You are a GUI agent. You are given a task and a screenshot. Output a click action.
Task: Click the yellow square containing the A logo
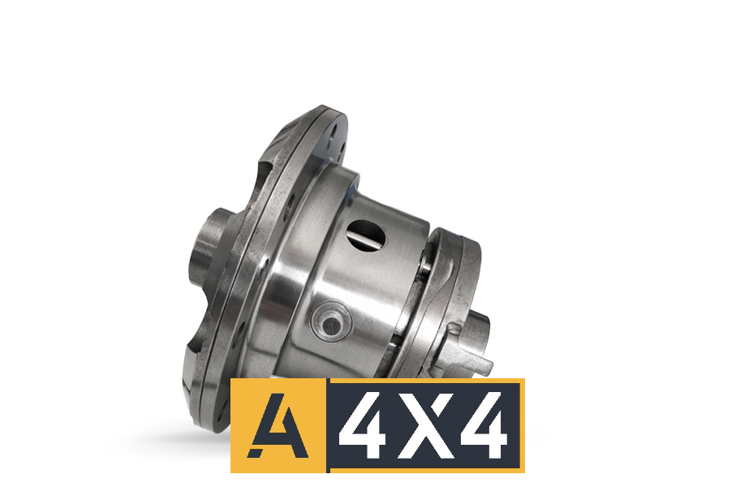[278, 425]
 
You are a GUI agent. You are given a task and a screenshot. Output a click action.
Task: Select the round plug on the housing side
[331, 325]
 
